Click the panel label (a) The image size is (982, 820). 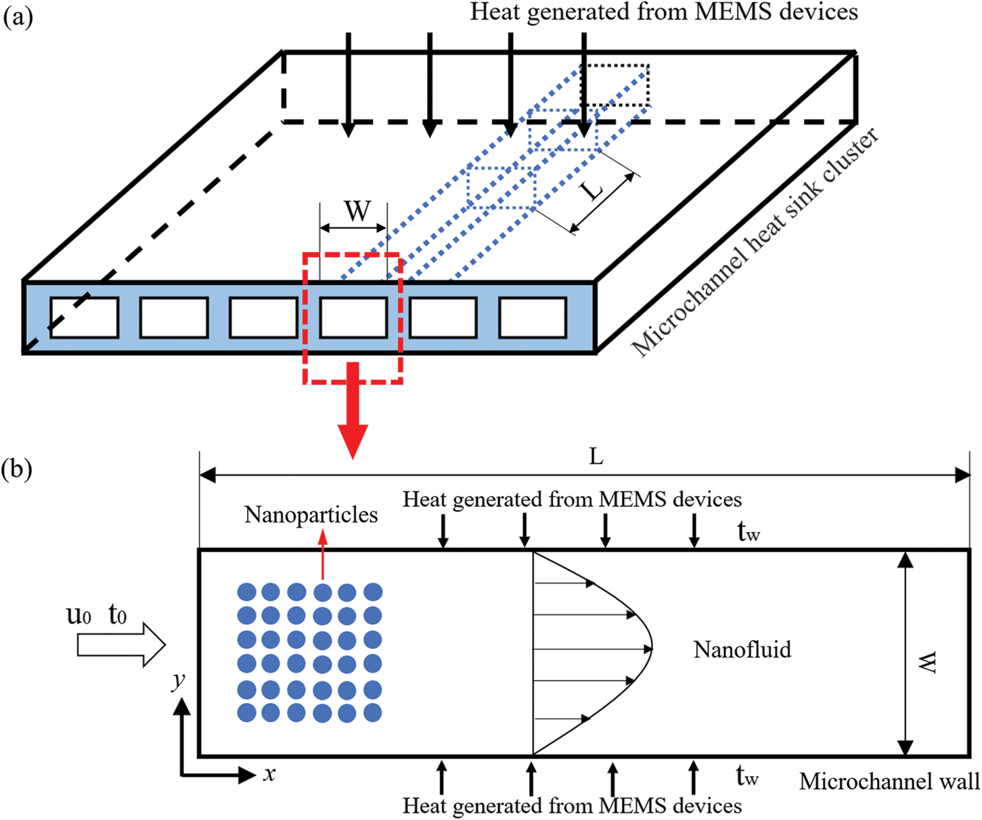(x=18, y=18)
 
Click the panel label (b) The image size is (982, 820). (x=17, y=469)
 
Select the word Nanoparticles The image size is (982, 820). (x=311, y=515)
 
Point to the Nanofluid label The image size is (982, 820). (x=742, y=650)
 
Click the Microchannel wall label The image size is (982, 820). (x=889, y=781)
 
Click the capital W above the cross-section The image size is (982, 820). (x=357, y=212)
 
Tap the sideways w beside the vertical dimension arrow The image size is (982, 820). (x=928, y=662)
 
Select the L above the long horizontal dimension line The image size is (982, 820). (x=596, y=457)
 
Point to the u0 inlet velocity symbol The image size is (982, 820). (x=79, y=615)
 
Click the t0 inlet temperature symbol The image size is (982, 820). (x=117, y=615)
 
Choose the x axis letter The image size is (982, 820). (x=269, y=773)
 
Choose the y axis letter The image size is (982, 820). (x=179, y=680)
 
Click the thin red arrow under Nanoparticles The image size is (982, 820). (x=323, y=555)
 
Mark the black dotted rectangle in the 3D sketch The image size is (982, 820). (x=615, y=86)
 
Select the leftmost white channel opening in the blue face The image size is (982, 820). (x=84, y=317)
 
